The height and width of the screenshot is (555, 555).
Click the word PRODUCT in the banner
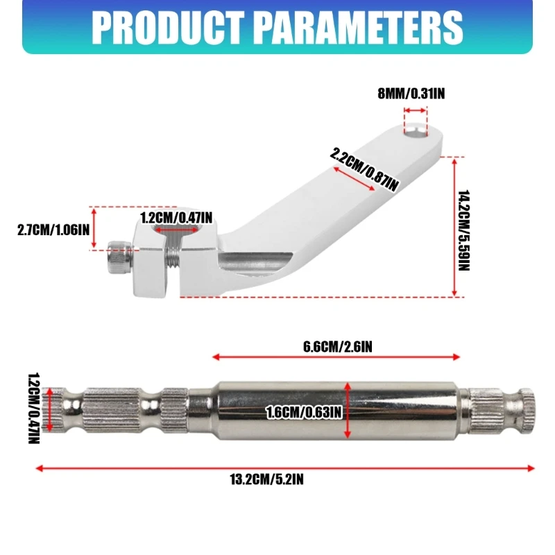pos(168,27)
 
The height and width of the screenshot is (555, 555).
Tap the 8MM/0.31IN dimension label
pos(411,94)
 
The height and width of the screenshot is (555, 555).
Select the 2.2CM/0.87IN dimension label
pos(364,169)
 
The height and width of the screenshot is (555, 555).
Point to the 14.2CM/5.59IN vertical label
pos(463,230)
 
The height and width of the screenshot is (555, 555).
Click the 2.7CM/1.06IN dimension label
pos(53,230)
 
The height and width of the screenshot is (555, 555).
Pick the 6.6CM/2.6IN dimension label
pos(338,346)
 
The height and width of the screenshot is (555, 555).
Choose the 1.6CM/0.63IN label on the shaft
pos(304,412)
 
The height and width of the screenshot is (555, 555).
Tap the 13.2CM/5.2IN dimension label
pos(266,479)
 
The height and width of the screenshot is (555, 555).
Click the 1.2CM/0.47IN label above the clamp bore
pos(176,218)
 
